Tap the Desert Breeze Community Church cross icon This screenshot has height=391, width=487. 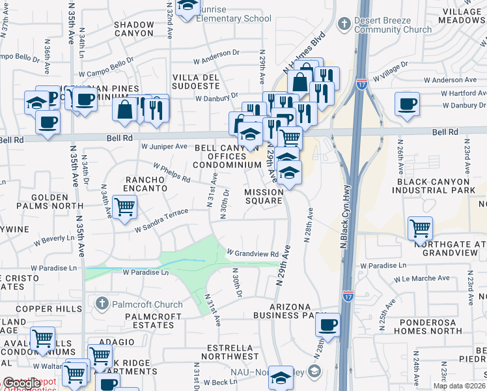point(344,24)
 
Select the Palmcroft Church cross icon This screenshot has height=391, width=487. point(101,304)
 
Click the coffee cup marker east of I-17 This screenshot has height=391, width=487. point(407,104)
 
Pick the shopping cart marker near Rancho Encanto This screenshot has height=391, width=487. point(124,208)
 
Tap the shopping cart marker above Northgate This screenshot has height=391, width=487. point(421,229)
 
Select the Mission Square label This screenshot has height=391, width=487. point(264,196)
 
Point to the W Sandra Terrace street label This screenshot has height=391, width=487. point(161,220)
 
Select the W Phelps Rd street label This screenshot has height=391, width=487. point(172,173)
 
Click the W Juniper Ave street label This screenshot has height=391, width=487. point(165,147)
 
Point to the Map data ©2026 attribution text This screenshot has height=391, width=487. point(459,386)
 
